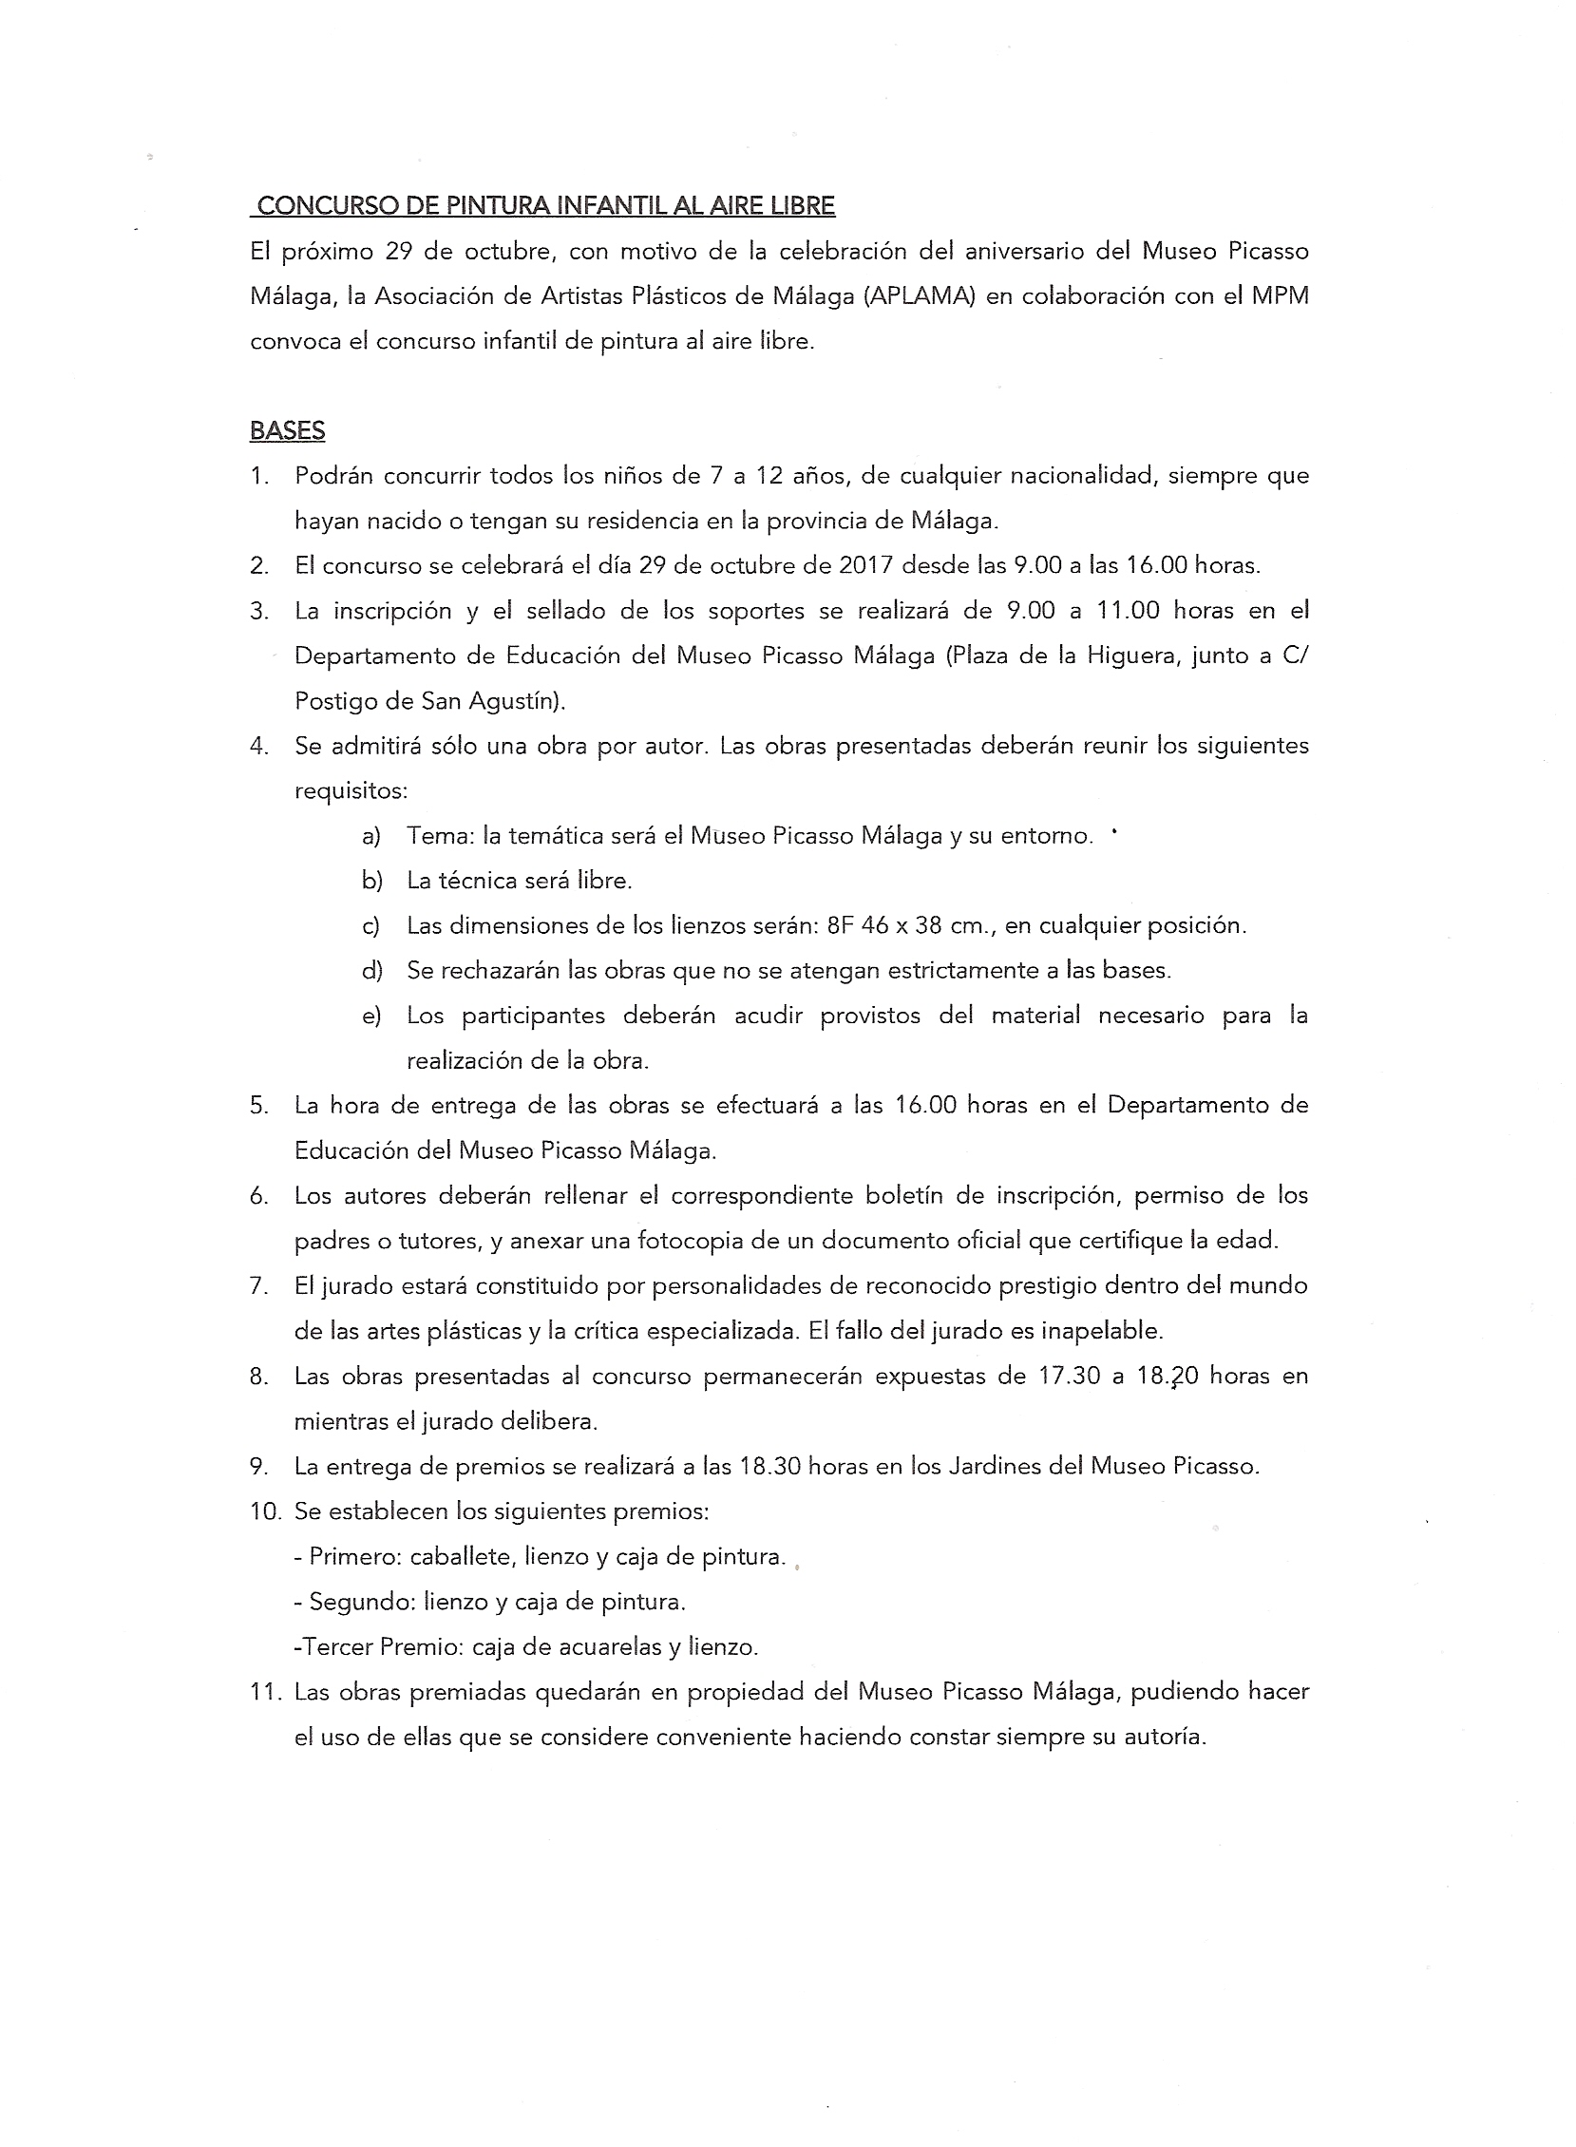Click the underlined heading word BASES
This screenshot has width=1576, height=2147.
coord(287,431)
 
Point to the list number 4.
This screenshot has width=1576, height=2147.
coord(258,746)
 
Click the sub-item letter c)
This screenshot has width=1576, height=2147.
coord(371,925)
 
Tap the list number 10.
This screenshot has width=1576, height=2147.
coord(264,1510)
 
